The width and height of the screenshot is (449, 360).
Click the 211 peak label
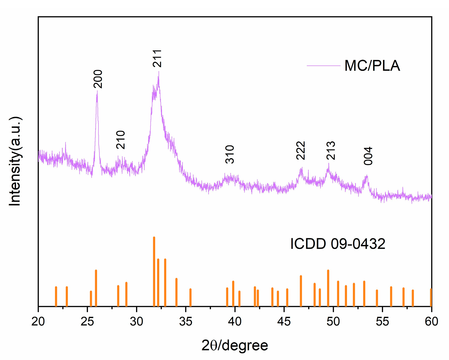click(x=157, y=58)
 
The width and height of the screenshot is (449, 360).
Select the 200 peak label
click(x=98, y=79)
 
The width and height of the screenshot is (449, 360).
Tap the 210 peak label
click(x=121, y=140)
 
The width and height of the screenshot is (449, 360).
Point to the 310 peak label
click(x=230, y=154)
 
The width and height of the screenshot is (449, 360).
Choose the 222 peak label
click(x=301, y=151)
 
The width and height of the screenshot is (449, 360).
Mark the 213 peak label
click(x=331, y=151)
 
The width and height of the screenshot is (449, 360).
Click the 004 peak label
click(x=368, y=156)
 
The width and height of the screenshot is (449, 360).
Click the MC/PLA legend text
click(x=372, y=66)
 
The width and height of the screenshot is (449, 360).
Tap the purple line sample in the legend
click(x=323, y=66)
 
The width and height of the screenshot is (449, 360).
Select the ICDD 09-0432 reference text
click(x=338, y=244)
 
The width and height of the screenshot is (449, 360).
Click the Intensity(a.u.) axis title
click(x=15, y=161)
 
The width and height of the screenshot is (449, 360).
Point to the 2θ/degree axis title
click(x=235, y=345)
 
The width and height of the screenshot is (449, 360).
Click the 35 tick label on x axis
click(x=186, y=321)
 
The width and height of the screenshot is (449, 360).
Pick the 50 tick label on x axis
click(x=333, y=321)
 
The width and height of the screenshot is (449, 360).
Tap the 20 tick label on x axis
click(x=38, y=321)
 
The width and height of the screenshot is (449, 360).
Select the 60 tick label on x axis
click(x=431, y=321)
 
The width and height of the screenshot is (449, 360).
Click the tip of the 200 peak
click(x=97, y=92)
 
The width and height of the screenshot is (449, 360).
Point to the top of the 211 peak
click(x=159, y=72)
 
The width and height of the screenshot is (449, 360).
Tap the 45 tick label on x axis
click(x=284, y=321)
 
